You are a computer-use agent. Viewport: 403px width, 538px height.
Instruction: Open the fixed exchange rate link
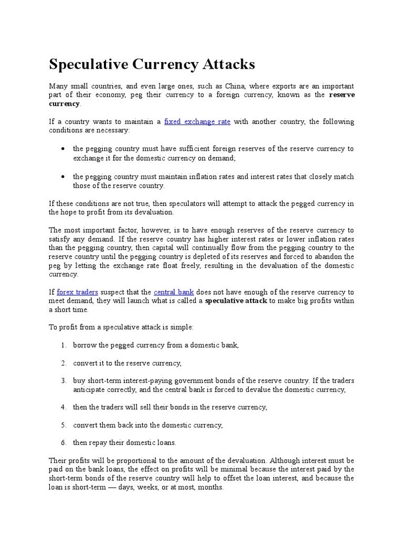(197, 121)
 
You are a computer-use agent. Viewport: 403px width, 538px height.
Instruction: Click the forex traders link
(77, 292)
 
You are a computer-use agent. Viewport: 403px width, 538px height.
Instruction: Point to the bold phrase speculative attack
(236, 301)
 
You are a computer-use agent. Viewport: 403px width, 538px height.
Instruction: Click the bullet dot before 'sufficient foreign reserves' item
(62, 149)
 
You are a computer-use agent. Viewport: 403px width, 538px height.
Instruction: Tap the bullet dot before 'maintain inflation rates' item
(62, 177)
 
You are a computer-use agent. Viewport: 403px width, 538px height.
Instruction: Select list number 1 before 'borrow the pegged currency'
(63, 345)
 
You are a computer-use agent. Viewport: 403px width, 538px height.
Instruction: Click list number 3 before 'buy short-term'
(63, 380)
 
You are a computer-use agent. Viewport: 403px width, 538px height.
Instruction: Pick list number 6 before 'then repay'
(63, 442)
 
